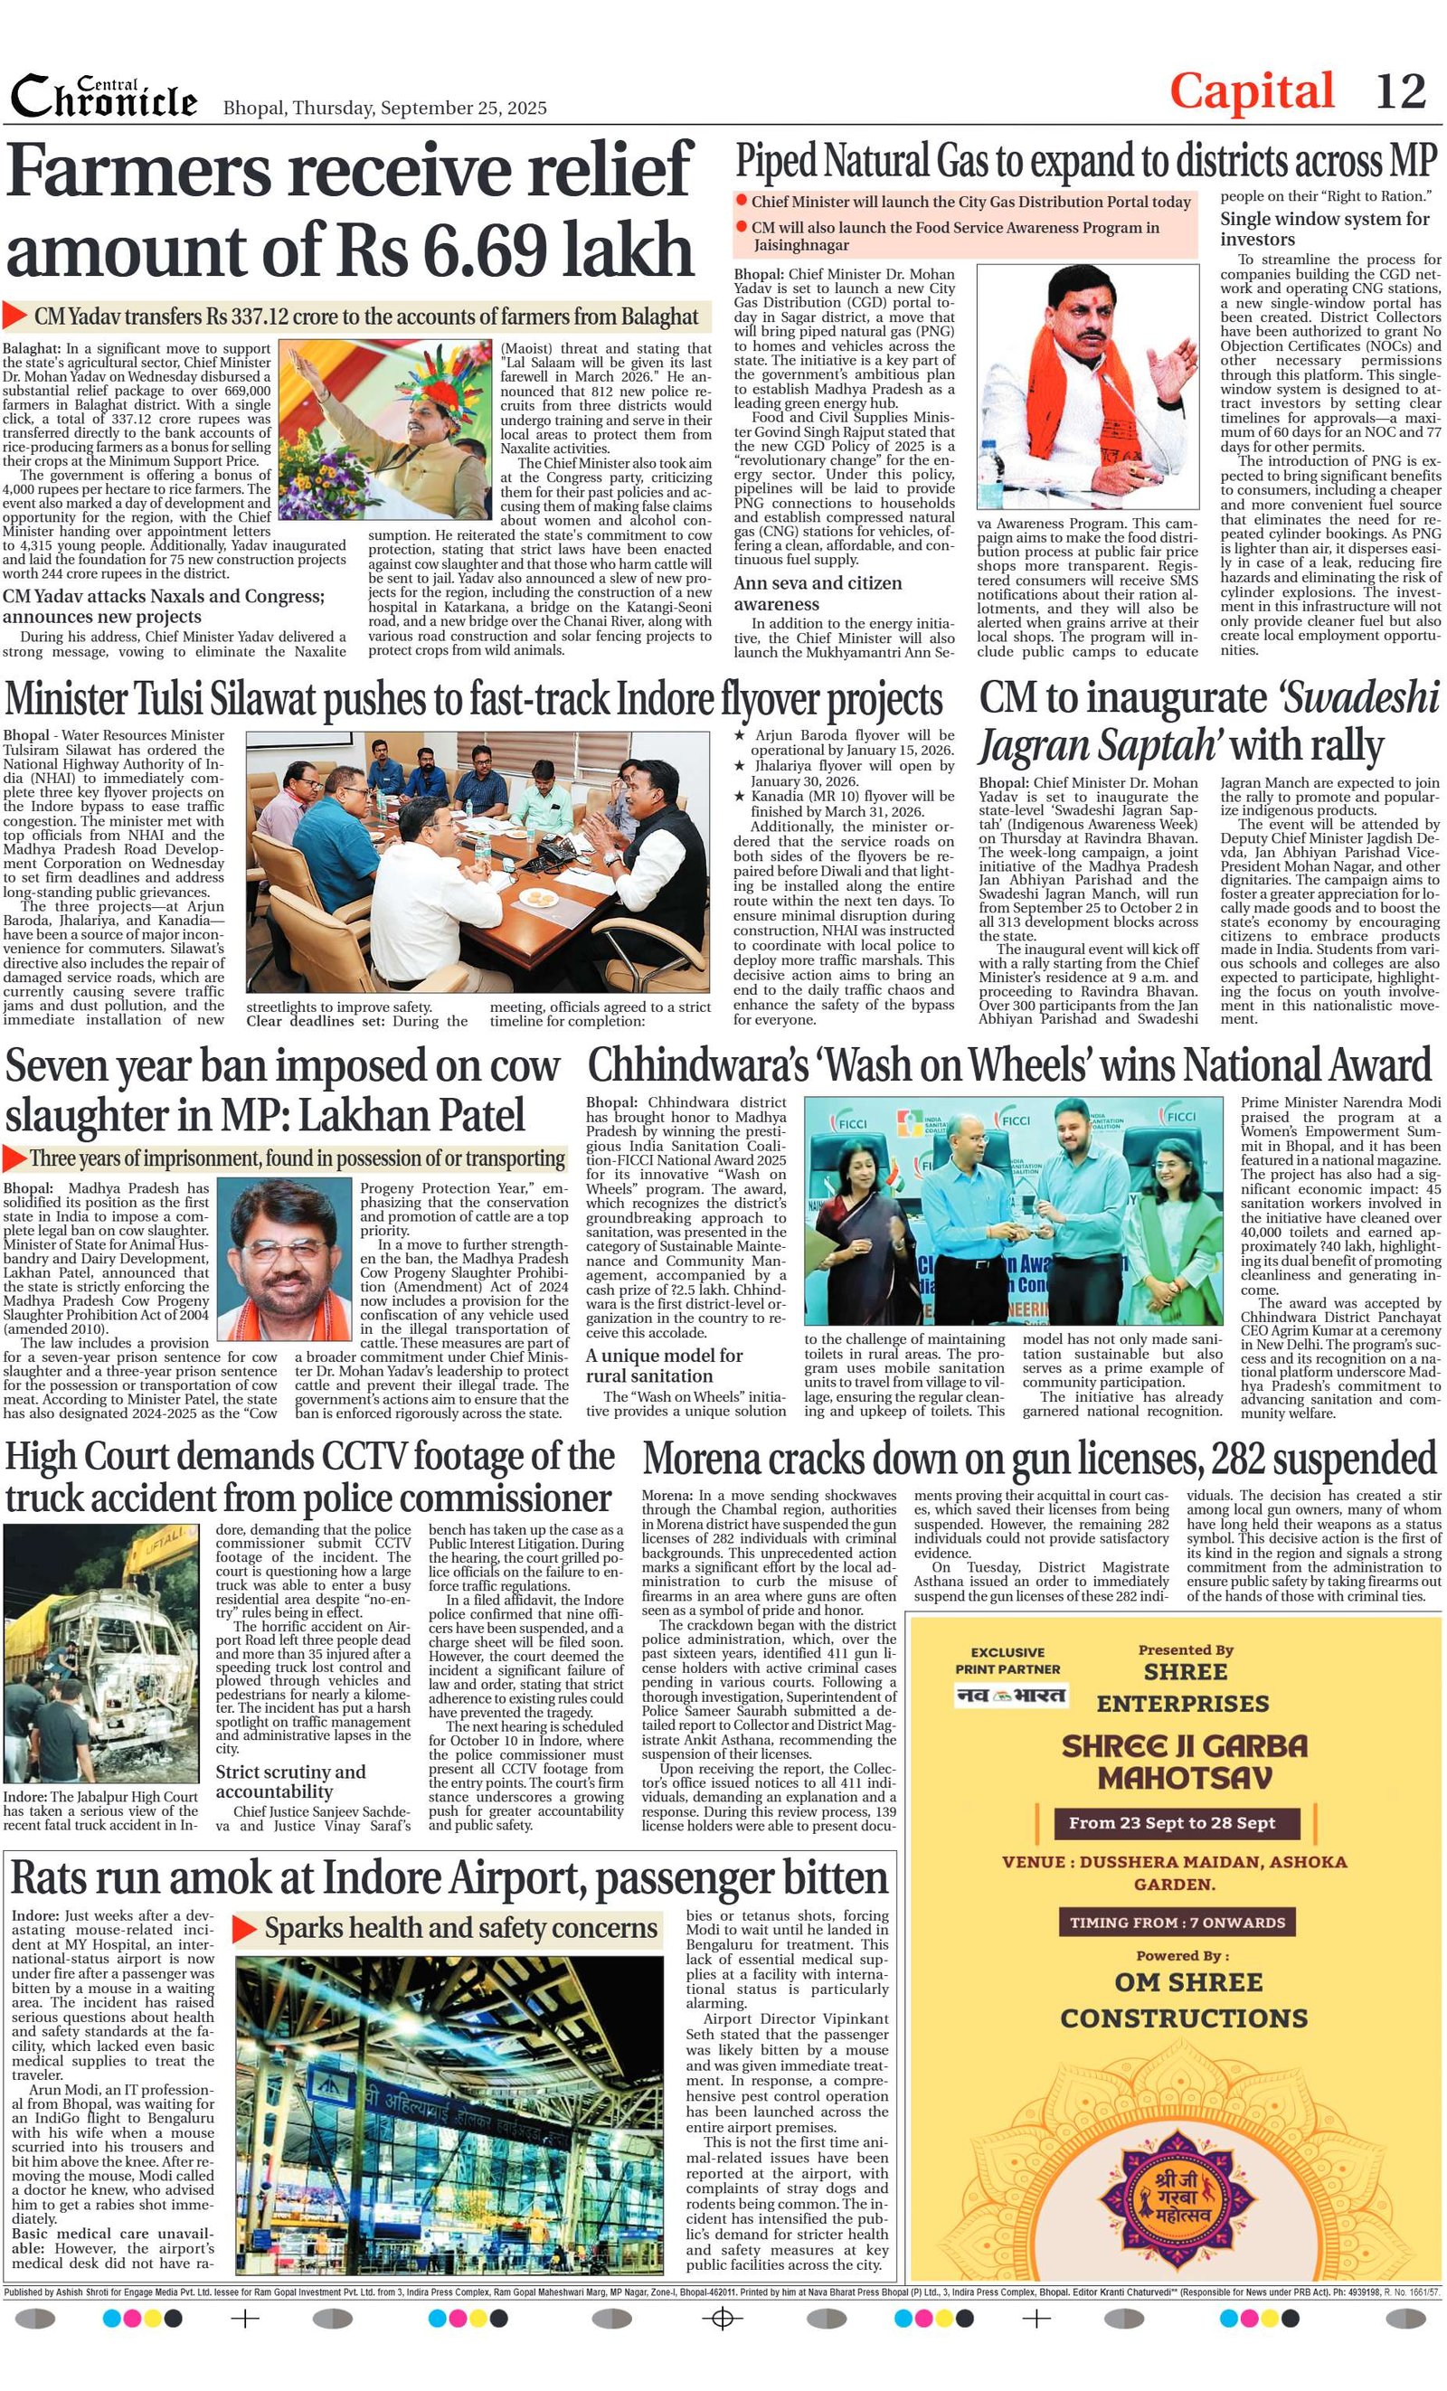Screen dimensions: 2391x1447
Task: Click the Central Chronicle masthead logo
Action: [x=104, y=97]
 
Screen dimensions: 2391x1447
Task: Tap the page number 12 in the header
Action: [x=1400, y=91]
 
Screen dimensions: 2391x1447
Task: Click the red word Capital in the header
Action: [x=1251, y=92]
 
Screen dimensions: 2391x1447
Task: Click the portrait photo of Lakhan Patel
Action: [x=283, y=1261]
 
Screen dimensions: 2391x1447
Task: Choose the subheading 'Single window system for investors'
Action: [x=1324, y=229]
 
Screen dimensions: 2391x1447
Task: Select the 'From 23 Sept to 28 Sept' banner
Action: [x=1171, y=1822]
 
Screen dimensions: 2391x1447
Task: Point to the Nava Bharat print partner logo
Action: [x=1010, y=1696]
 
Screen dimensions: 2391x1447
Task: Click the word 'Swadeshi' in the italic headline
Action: [x=1358, y=699]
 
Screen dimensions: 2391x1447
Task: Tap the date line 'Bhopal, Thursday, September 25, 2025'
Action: [x=384, y=108]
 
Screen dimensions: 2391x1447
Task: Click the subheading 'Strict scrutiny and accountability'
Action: [x=291, y=1781]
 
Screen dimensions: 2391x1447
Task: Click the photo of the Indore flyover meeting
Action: [x=478, y=863]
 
